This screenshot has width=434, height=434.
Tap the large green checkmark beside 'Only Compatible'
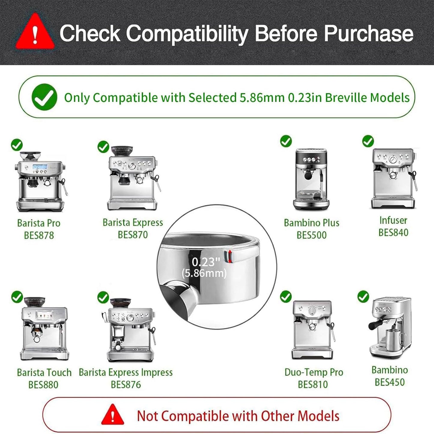[44, 97]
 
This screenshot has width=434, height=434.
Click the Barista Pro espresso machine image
[41, 182]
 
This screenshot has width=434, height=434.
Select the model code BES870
[133, 235]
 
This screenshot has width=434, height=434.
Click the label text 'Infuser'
[393, 220]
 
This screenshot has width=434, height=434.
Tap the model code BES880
[43, 385]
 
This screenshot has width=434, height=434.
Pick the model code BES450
[390, 382]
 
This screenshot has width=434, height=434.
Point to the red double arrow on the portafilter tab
[230, 256]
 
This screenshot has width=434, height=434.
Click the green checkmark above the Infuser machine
[368, 141]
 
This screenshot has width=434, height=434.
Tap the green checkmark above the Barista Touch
[17, 297]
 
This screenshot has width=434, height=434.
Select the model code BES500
[311, 235]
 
